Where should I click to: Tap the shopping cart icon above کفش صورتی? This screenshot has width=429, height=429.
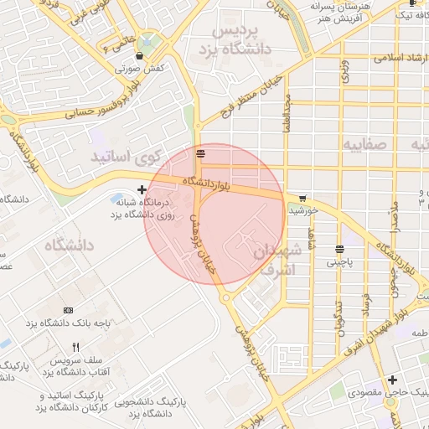[x=139, y=55]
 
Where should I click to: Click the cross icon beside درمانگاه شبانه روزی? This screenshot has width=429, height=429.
[x=142, y=190]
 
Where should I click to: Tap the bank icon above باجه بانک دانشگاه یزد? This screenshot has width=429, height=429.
[x=68, y=311]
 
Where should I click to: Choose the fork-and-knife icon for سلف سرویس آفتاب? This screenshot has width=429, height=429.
[x=76, y=347]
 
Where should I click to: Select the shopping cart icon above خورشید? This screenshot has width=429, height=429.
[x=301, y=199]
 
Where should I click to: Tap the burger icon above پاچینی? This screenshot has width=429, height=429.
[x=339, y=249]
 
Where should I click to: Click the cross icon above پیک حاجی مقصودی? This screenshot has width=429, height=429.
[x=393, y=380]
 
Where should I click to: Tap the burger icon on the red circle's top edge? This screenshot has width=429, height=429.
[x=199, y=152]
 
